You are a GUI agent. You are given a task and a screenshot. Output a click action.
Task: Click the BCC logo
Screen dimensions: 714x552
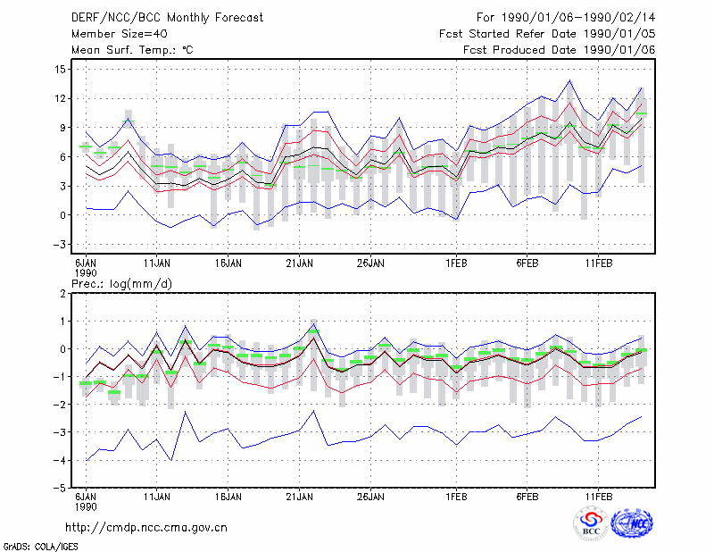[591, 523]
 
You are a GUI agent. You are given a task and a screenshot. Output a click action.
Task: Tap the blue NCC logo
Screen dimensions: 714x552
[632, 523]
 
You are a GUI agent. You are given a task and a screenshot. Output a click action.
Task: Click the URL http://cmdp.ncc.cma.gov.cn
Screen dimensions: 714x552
[146, 528]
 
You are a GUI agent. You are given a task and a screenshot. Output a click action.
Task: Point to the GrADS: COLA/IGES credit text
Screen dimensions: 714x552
[40, 547]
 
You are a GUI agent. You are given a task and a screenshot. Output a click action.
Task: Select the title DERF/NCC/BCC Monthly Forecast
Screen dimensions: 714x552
[167, 18]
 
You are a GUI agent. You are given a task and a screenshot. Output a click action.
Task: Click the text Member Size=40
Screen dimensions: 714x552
[120, 34]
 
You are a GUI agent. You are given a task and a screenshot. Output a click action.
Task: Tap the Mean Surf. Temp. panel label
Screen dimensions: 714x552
[132, 50]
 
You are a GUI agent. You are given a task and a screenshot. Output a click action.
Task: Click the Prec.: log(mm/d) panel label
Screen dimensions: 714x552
[121, 284]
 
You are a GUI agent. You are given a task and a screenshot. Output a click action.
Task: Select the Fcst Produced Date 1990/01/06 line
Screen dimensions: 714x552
[559, 50]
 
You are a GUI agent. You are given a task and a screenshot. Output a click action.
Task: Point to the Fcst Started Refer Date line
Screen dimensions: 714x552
[547, 34]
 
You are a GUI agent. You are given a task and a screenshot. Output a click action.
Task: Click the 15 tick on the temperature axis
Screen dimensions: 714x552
[61, 70]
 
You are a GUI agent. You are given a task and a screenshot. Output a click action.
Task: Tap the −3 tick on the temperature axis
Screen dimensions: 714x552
[60, 245]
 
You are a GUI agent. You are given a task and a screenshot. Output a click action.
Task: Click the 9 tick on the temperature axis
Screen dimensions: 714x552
[62, 128]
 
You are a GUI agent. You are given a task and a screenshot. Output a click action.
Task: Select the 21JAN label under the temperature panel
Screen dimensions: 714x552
[299, 263]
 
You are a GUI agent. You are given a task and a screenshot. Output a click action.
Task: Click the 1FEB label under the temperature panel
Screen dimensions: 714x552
[456, 263]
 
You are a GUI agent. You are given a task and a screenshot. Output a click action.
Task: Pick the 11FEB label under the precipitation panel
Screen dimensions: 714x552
[598, 497]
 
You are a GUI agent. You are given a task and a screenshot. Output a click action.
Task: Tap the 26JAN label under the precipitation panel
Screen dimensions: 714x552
[370, 497]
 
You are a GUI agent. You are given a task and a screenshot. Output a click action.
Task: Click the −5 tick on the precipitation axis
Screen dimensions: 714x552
[60, 489]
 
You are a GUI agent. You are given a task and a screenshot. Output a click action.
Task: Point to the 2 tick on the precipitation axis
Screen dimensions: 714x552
[62, 294]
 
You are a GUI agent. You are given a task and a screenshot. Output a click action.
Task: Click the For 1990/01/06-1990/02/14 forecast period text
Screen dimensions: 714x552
[566, 18]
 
